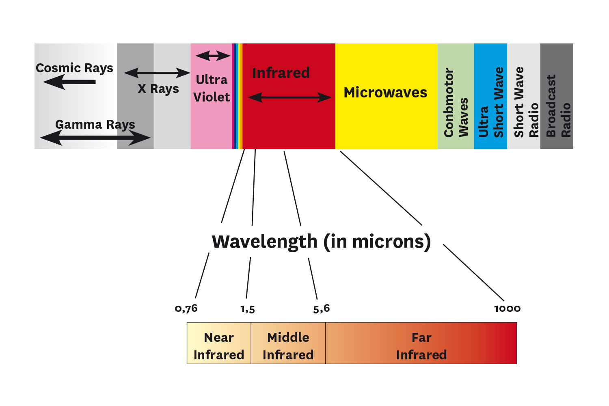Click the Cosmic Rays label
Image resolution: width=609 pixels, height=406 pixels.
[74, 68]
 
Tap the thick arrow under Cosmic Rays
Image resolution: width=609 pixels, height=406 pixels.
[69, 82]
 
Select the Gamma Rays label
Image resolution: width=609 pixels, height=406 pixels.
[95, 124]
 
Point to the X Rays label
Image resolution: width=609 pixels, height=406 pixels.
[158, 89]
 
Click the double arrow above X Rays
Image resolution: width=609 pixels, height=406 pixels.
[157, 73]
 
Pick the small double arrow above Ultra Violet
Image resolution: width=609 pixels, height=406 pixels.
[213, 56]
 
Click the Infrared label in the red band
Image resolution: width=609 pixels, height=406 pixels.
[281, 73]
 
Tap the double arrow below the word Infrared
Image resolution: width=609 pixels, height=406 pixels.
[289, 97]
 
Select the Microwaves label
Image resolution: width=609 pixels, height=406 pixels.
[385, 93]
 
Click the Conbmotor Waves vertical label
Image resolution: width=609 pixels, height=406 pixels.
[456, 102]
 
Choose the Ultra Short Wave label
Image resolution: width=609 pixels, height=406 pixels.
[490, 102]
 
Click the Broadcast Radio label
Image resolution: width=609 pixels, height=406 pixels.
[558, 106]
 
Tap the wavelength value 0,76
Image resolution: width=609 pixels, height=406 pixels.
[186, 309]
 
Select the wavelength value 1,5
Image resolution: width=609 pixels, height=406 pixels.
[248, 309]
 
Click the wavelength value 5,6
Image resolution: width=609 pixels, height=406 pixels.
[322, 309]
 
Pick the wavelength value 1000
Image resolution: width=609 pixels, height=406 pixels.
[507, 309]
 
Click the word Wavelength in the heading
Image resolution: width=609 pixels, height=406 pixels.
[264, 242]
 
